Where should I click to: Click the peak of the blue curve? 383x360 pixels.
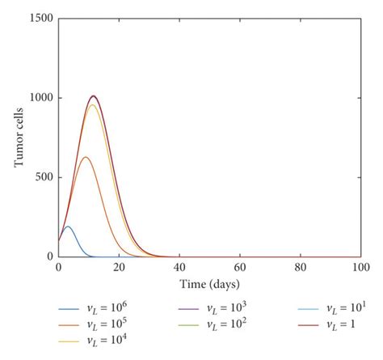click(68, 227)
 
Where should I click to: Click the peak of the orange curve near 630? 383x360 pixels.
click(85, 157)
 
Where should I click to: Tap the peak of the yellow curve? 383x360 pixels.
click(93, 105)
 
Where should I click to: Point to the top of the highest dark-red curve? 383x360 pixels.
click(94, 95)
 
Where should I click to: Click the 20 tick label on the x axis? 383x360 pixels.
click(119, 267)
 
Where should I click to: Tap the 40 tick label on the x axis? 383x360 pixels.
click(179, 267)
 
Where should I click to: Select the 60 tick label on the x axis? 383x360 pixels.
click(240, 267)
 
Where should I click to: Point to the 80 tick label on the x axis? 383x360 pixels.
click(301, 267)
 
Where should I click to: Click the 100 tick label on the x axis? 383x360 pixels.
click(360, 267)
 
